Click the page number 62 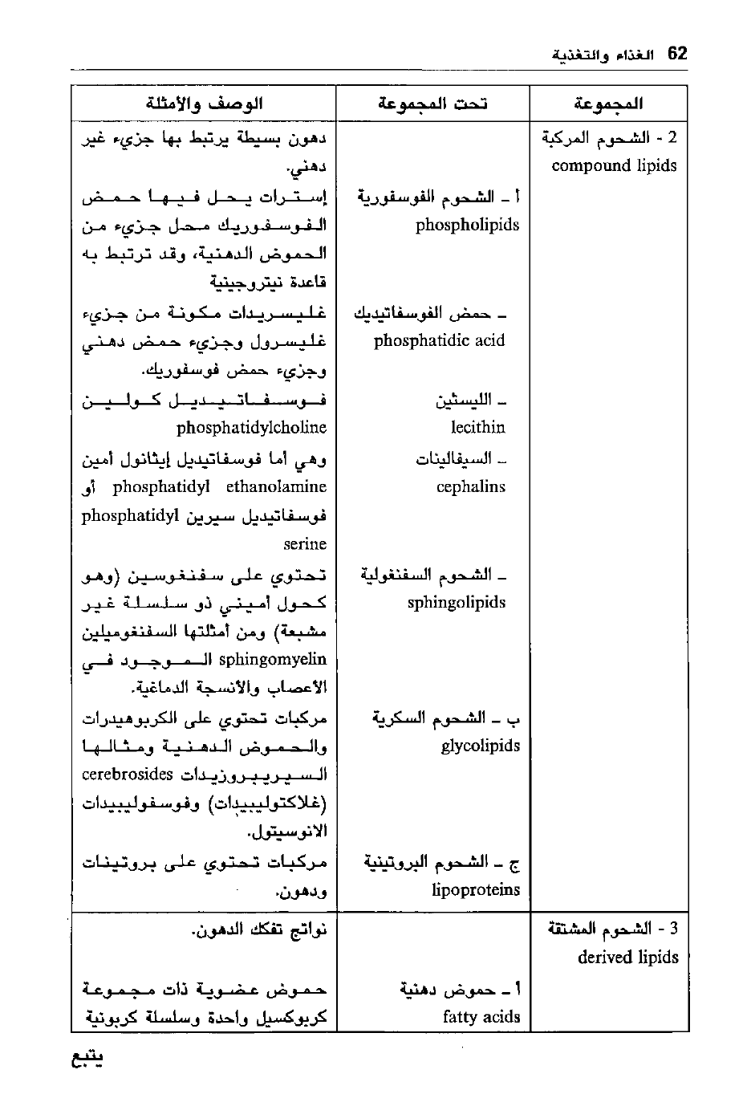click(677, 54)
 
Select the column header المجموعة click(609, 104)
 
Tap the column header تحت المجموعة click(433, 104)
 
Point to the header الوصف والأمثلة click(205, 104)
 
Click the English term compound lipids click(614, 166)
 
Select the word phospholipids click(467, 225)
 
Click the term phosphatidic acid click(439, 340)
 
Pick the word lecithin click(477, 427)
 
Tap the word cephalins click(471, 486)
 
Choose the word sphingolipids click(456, 603)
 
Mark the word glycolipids click(480, 746)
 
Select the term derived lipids click(627, 957)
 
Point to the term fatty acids click(481, 1017)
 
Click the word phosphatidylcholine click(251, 427)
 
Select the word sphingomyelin click(272, 660)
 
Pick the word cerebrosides click(128, 775)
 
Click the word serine click(305, 544)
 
